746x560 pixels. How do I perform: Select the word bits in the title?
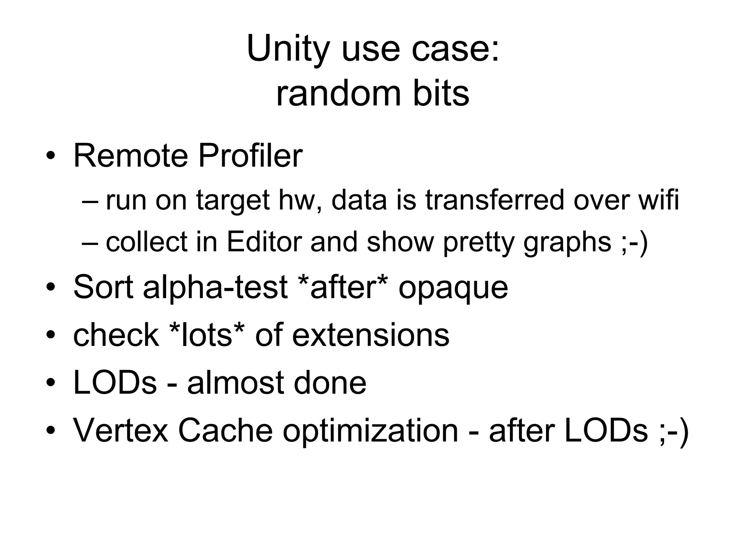point(441,94)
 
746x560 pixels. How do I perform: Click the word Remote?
point(130,156)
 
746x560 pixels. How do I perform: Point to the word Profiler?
point(250,156)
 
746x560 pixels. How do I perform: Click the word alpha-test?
point(215,288)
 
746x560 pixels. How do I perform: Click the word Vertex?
point(121,430)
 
